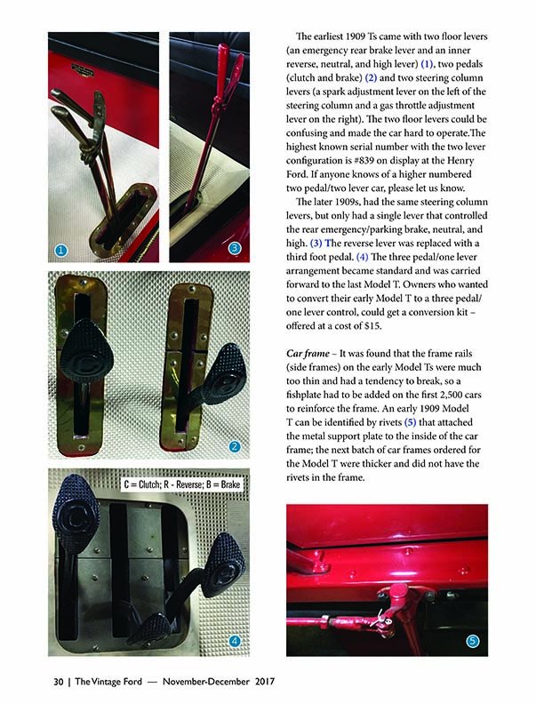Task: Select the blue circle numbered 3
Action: click(234, 250)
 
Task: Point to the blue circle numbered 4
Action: click(234, 640)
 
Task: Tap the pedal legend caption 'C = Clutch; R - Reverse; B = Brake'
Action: click(181, 485)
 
